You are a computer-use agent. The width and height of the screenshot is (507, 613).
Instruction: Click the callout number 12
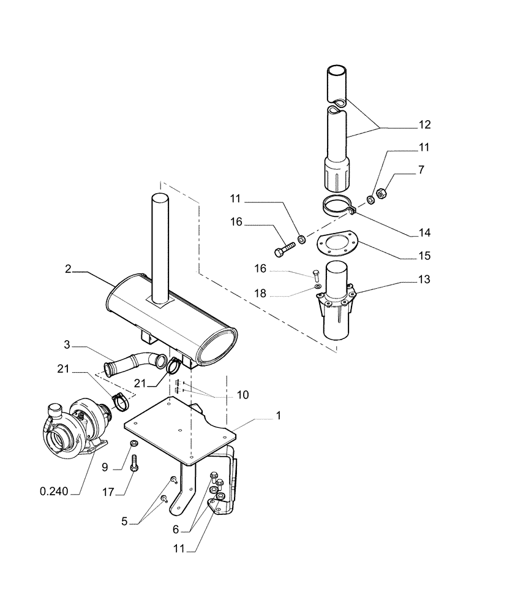[x=424, y=125]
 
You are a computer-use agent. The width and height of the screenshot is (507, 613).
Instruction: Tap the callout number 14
[x=424, y=233]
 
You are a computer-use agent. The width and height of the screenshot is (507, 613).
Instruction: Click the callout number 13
[x=424, y=280]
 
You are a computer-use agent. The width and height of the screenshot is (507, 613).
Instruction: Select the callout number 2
[x=69, y=269]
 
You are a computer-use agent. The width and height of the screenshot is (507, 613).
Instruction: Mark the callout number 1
[x=279, y=415]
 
